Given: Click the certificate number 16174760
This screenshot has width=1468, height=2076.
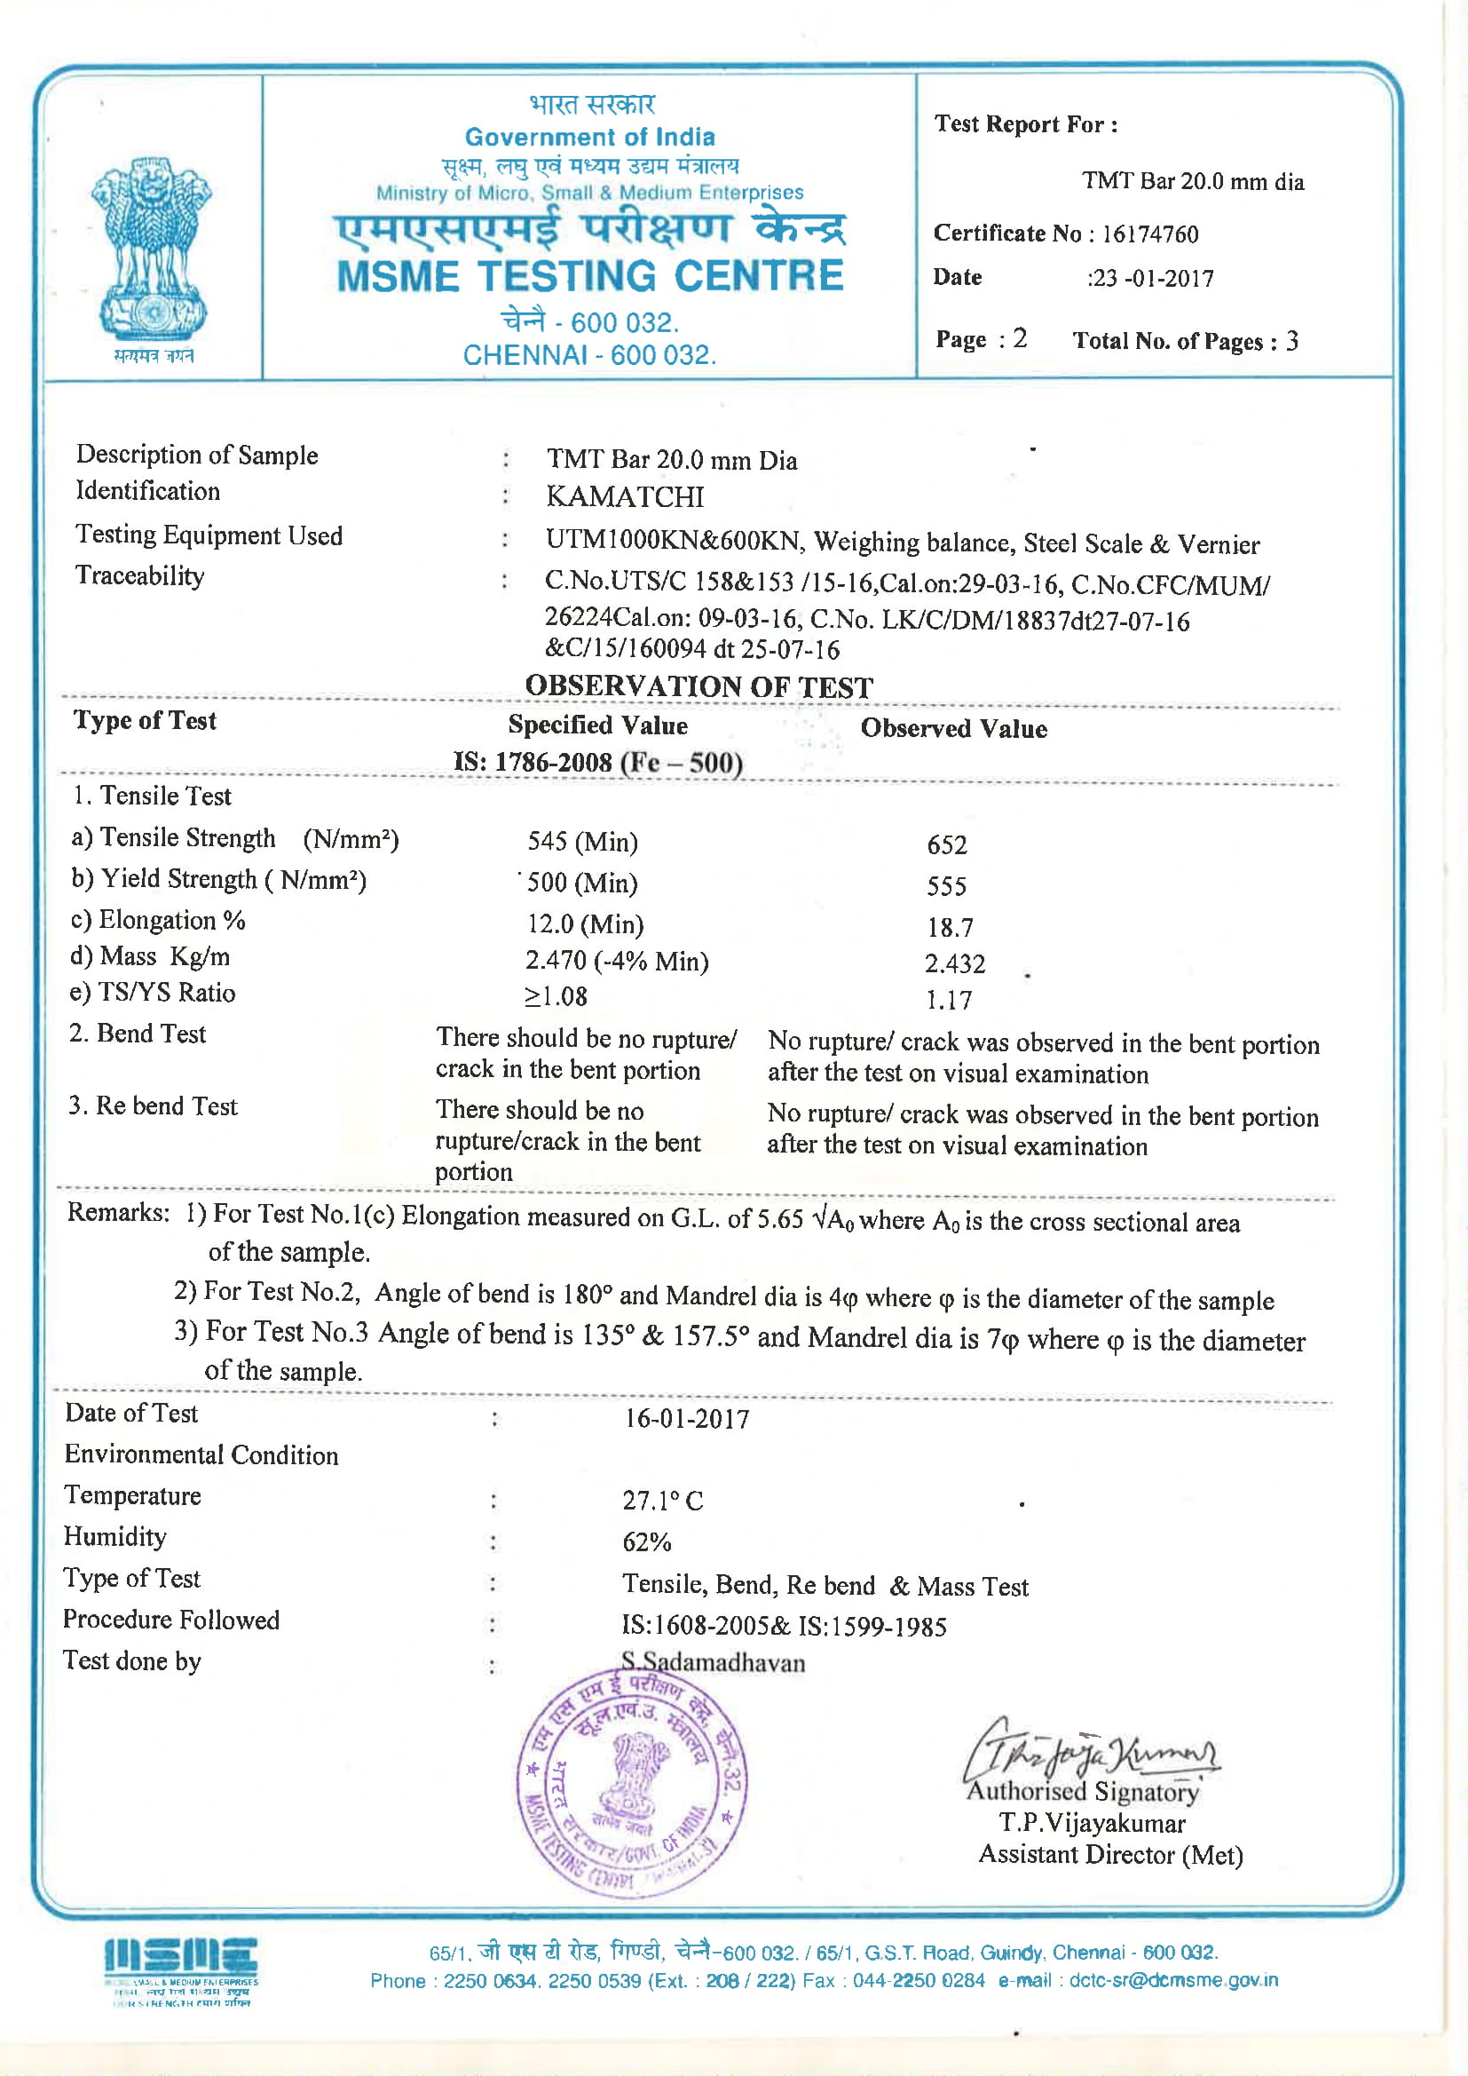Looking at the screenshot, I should [1148, 234].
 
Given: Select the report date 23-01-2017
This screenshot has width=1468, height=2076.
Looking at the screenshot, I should [1153, 279].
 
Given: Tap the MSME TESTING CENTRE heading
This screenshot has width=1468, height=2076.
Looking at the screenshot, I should [589, 277].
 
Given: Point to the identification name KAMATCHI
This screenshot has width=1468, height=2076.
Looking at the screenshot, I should [625, 496].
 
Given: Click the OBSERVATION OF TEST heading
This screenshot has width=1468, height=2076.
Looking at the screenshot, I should [698, 687].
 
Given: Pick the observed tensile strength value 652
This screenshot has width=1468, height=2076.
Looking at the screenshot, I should [946, 844].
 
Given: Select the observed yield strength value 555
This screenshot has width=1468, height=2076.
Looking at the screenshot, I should [946, 886].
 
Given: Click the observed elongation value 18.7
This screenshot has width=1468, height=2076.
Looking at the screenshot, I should [949, 928].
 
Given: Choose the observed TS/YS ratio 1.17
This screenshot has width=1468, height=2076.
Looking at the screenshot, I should [948, 1000].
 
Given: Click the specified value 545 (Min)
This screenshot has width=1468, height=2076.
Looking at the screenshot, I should [583, 842].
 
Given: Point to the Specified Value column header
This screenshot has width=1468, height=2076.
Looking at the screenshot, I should [597, 725].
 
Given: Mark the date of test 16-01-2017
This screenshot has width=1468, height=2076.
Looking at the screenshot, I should [687, 1419].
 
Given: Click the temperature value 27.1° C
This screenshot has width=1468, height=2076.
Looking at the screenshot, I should [663, 1501].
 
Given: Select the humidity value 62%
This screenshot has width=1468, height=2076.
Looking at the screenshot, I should [646, 1541].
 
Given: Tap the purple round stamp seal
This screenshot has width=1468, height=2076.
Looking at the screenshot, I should [632, 1781].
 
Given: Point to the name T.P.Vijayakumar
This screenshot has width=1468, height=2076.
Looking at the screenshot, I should [1092, 1823].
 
